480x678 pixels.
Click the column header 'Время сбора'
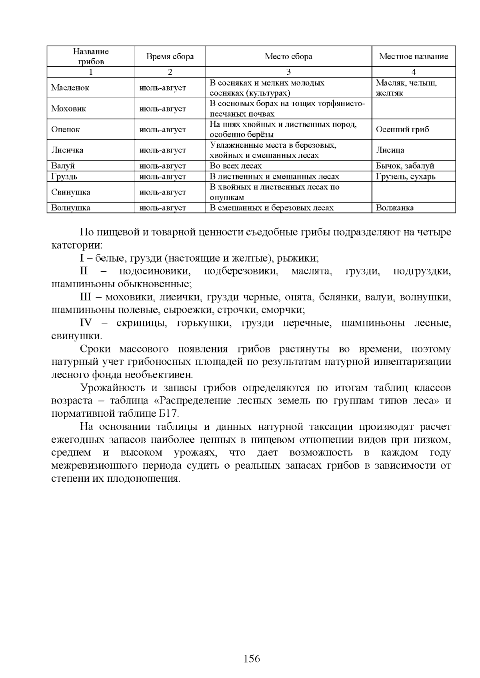pyautogui.click(x=170, y=56)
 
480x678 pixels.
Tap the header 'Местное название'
pyautogui.click(x=413, y=56)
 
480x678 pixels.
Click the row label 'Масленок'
pyautogui.click(x=70, y=88)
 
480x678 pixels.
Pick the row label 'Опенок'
pyautogui.click(x=66, y=129)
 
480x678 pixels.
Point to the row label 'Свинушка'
pyautogui.click(x=71, y=192)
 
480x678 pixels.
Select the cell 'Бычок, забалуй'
pyautogui.click(x=405, y=166)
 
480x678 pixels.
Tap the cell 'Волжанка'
pyautogui.click(x=395, y=208)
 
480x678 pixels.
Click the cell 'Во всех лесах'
pyautogui.click(x=236, y=166)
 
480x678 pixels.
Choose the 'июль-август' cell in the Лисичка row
pyautogui.click(x=162, y=150)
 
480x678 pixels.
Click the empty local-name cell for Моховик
pyautogui.click(x=413, y=109)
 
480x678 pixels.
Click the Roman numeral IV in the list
pyautogui.click(x=86, y=323)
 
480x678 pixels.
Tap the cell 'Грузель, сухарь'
pyautogui.click(x=406, y=177)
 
